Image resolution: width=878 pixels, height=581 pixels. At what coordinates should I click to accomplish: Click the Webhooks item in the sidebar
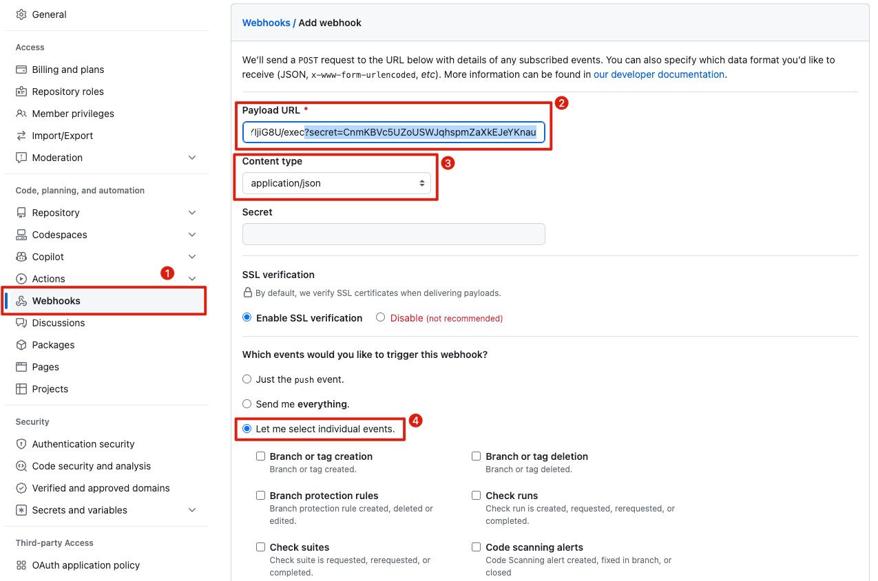tap(56, 301)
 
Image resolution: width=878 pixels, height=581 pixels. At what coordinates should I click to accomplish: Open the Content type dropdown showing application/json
tap(336, 183)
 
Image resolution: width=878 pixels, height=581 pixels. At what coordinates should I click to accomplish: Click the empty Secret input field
tap(393, 234)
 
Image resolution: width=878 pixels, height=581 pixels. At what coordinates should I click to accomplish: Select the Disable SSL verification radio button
tap(380, 317)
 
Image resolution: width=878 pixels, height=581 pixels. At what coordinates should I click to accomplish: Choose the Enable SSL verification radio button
tap(247, 317)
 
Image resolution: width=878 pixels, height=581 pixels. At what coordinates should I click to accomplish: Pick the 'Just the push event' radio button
tap(247, 379)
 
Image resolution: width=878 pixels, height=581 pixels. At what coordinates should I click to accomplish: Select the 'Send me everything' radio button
tap(247, 404)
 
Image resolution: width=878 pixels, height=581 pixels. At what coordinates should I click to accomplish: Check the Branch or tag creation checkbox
tap(261, 456)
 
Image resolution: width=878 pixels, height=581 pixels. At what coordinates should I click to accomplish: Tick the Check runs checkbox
tap(477, 495)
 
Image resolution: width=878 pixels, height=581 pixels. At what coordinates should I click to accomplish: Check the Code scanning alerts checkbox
tap(477, 547)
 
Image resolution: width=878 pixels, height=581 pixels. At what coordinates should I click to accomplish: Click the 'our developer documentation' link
tap(658, 74)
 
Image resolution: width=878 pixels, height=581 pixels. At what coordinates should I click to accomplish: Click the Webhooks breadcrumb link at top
tap(266, 23)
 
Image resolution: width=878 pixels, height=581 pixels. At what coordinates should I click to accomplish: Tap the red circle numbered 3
tap(448, 163)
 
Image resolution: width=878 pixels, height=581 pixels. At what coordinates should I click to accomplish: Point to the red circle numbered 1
tap(167, 273)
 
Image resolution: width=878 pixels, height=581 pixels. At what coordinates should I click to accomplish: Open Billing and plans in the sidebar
tap(68, 70)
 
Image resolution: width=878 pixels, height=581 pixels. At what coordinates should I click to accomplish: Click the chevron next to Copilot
tap(192, 257)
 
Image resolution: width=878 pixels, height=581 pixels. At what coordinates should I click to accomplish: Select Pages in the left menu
tap(45, 367)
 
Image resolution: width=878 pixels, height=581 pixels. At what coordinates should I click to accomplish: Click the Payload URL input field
tap(393, 132)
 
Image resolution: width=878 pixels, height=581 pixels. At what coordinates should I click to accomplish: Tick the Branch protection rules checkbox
tap(261, 495)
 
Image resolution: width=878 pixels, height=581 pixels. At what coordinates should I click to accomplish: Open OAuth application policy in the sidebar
tap(86, 565)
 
